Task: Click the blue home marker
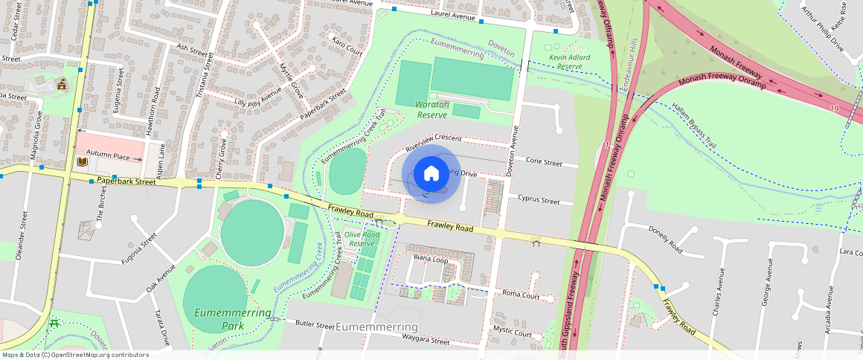[431, 173]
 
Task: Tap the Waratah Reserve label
[431, 109]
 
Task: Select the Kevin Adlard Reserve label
[569, 62]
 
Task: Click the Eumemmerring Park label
[232, 319]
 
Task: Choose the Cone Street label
[544, 161]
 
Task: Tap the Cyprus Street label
[539, 201]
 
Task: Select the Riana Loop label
[430, 260]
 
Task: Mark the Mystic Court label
[513, 334]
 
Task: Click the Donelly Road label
[665, 240]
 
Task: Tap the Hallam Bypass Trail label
[693, 126]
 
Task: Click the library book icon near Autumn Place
[83, 161]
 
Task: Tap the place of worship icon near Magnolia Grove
[62, 84]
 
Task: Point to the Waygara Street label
[423, 343]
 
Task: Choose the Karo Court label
[347, 47]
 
